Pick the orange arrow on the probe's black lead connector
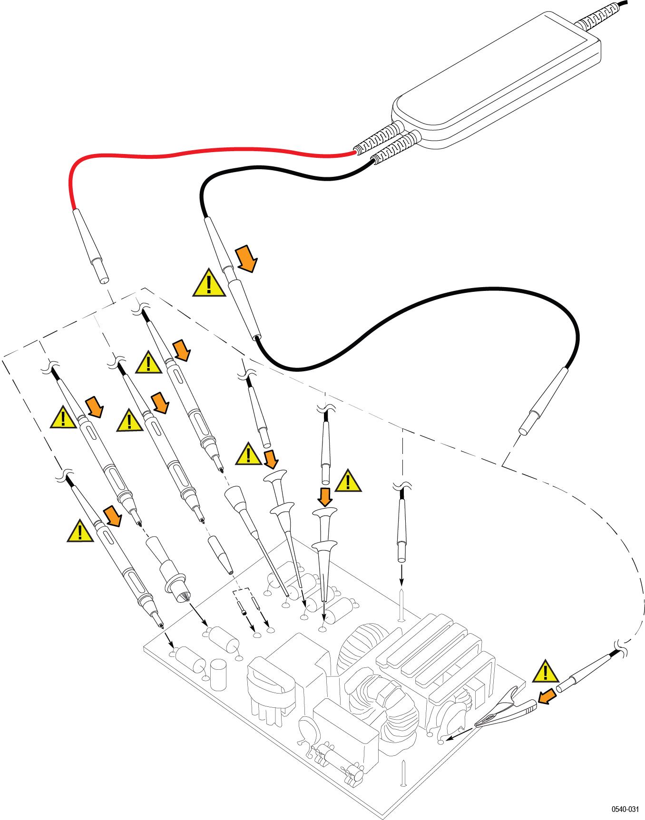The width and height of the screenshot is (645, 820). (247, 259)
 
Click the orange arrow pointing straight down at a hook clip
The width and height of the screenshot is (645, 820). (325, 497)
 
